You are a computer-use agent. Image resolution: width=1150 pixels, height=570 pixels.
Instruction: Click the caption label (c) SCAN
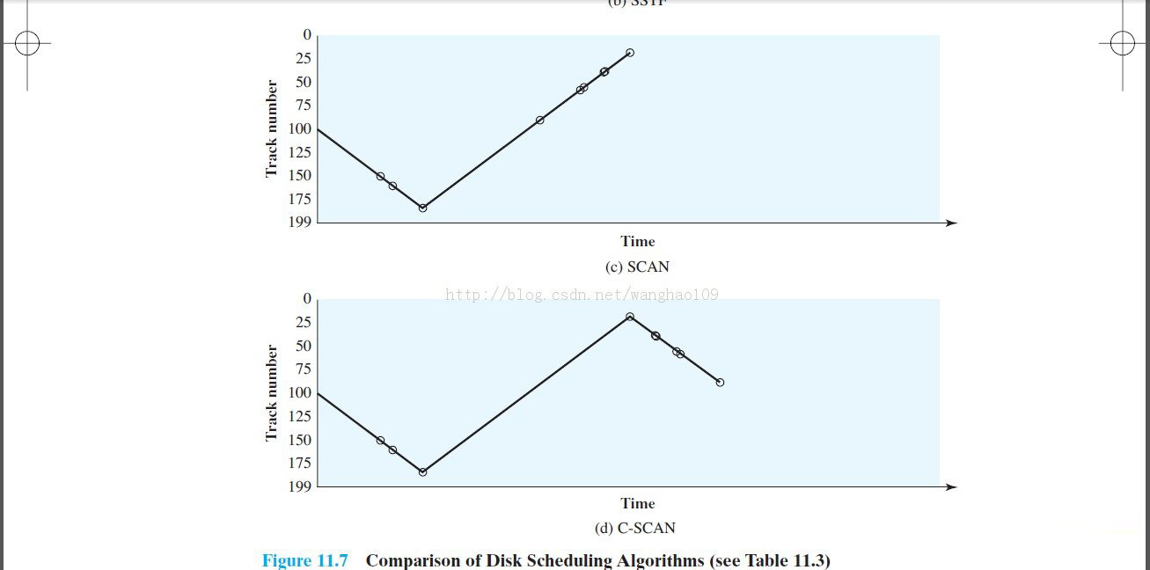click(x=637, y=267)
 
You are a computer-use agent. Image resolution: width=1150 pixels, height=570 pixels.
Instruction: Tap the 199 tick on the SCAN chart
click(x=300, y=222)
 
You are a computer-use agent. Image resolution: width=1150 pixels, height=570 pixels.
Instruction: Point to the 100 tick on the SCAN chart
click(x=300, y=128)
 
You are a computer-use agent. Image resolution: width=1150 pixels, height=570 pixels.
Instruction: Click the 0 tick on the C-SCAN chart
click(x=307, y=299)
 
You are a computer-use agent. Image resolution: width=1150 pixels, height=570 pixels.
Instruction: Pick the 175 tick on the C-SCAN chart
click(x=300, y=463)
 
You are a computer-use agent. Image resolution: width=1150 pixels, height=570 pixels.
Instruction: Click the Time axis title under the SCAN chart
click(x=637, y=241)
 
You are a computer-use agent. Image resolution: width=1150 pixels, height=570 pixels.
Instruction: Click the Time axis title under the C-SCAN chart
click(x=637, y=503)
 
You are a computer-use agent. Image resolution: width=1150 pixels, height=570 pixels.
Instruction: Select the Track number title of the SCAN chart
click(x=272, y=128)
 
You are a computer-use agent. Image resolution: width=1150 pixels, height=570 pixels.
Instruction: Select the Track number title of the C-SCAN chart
click(x=272, y=392)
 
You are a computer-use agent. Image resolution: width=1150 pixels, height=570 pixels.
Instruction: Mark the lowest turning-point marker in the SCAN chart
click(x=422, y=208)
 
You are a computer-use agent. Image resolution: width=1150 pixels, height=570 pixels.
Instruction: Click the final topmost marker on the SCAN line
click(x=630, y=53)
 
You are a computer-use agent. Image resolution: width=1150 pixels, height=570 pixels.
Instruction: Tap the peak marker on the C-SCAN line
click(x=630, y=317)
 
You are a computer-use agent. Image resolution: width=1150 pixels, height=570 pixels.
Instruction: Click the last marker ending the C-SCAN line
click(x=720, y=382)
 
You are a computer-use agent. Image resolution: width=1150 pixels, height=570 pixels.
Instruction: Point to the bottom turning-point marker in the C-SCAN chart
click(x=422, y=471)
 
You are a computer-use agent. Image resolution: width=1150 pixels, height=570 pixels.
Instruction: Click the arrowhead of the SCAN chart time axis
click(x=951, y=223)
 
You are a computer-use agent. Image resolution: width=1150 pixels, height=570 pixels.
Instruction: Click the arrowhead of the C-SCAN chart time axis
click(x=951, y=486)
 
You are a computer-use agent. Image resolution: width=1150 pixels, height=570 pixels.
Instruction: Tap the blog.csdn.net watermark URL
click(x=582, y=295)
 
